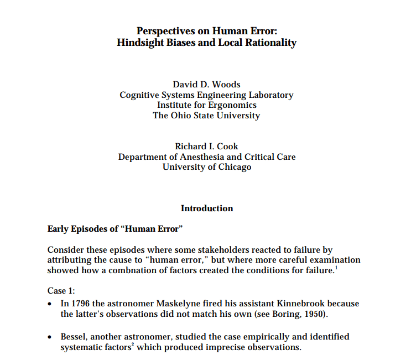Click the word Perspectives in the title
point(164,31)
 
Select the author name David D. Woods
point(206,85)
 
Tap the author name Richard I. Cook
point(206,147)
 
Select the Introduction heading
point(206,208)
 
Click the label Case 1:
point(60,291)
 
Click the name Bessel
point(74,337)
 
